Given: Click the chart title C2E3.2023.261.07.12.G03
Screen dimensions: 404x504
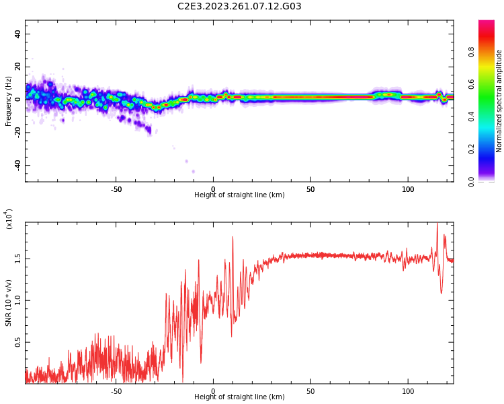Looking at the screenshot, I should [239, 7].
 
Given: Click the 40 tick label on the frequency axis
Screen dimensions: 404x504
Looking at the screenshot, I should [18, 34].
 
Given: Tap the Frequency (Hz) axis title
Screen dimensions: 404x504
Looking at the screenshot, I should [9, 101].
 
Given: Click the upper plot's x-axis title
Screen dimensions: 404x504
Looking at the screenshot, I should [239, 195].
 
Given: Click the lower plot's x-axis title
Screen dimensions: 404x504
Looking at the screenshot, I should [239, 397].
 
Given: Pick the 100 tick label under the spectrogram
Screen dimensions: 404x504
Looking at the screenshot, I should [408, 189].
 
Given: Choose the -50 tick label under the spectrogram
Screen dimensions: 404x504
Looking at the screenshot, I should [116, 189].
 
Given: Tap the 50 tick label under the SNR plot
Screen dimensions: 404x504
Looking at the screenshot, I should [310, 391].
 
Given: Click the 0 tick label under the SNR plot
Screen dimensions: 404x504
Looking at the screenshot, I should [213, 391].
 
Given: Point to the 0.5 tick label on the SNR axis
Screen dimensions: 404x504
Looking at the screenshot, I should [18, 342].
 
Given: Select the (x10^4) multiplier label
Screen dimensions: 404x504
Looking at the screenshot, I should [9, 218].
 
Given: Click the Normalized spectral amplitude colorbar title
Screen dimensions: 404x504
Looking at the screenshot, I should [499, 101].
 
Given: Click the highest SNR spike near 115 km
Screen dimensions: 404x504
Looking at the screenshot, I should [437, 224].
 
